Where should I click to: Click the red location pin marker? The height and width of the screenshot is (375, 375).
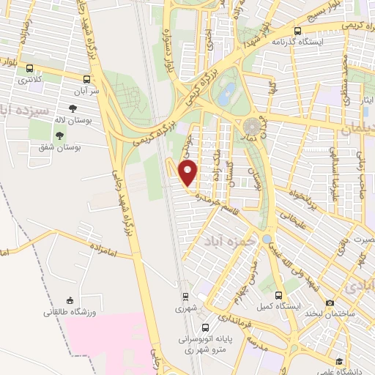pos(189,173)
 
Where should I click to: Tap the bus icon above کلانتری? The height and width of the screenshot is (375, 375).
pos(29,68)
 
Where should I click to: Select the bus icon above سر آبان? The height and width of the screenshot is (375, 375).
pos(87,79)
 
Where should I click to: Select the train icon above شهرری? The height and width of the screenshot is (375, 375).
pos(186,297)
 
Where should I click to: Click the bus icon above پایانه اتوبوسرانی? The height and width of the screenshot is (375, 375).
pos(206,327)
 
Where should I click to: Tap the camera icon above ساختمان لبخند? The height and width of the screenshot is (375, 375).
pos(330,302)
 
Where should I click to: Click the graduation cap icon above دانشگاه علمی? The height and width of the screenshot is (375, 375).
pos(339,361)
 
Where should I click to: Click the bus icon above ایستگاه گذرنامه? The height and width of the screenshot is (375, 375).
pos(297,31)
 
